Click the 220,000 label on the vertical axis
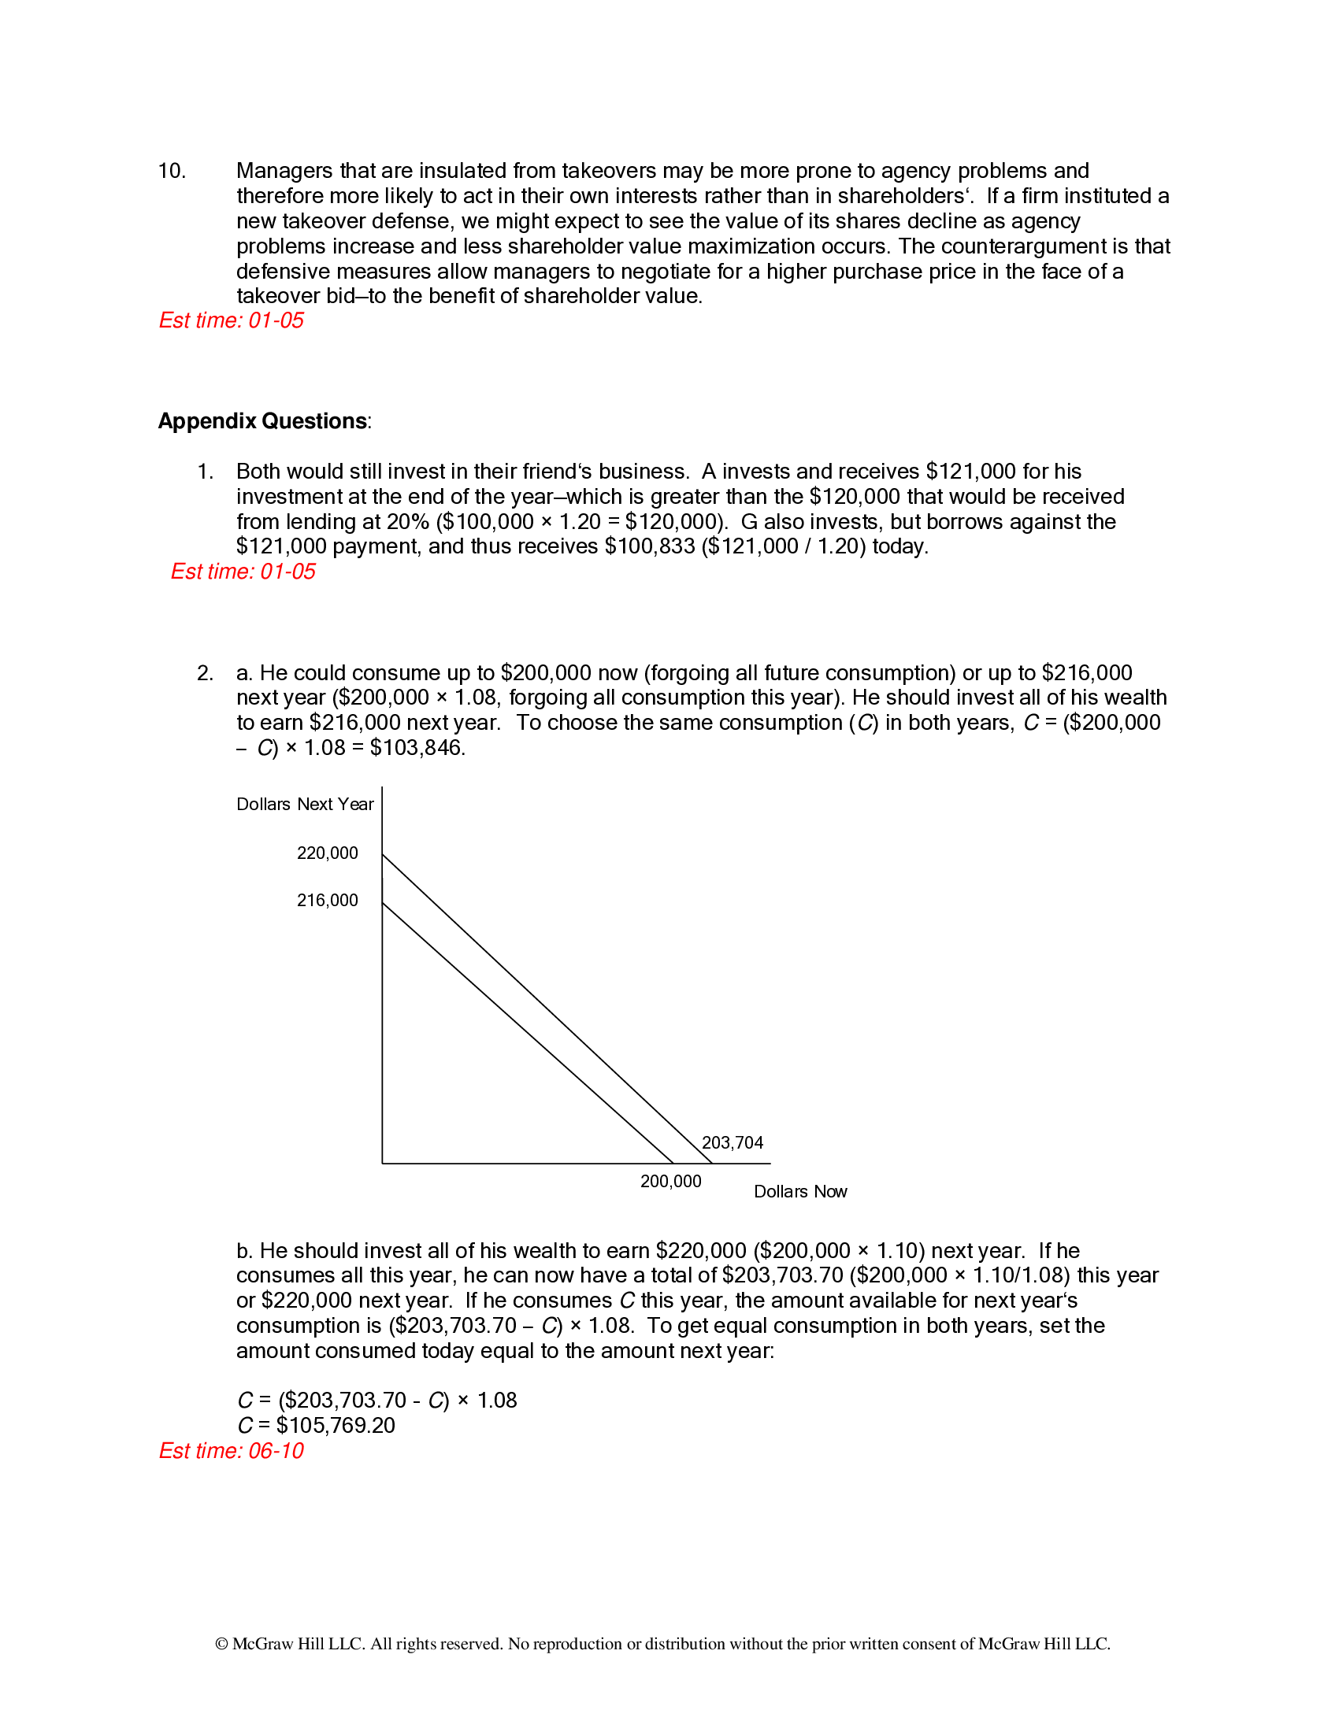pos(327,853)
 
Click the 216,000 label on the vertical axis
pos(327,900)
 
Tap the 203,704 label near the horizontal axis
pos(732,1143)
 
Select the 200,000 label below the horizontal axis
pos(670,1182)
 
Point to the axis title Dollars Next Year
pos(305,804)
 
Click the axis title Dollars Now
pos(799,1191)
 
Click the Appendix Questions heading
pos(262,421)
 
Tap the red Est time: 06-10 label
pos(231,1450)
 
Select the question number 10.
pos(172,172)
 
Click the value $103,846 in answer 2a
pos(417,748)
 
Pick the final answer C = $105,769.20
pos(316,1425)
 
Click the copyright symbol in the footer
pos(221,1644)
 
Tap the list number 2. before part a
pos(205,673)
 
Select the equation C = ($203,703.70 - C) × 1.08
pos(376,1400)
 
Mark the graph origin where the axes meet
pos(382,1164)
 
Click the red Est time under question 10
pos(231,320)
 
